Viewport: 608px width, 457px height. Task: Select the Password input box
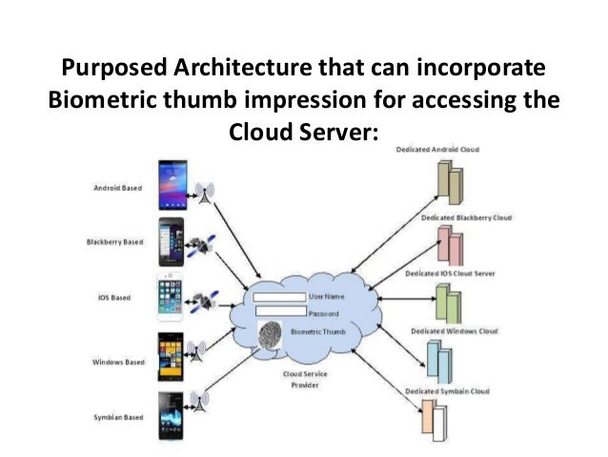tap(279, 312)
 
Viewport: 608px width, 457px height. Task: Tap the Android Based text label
tap(118, 189)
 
